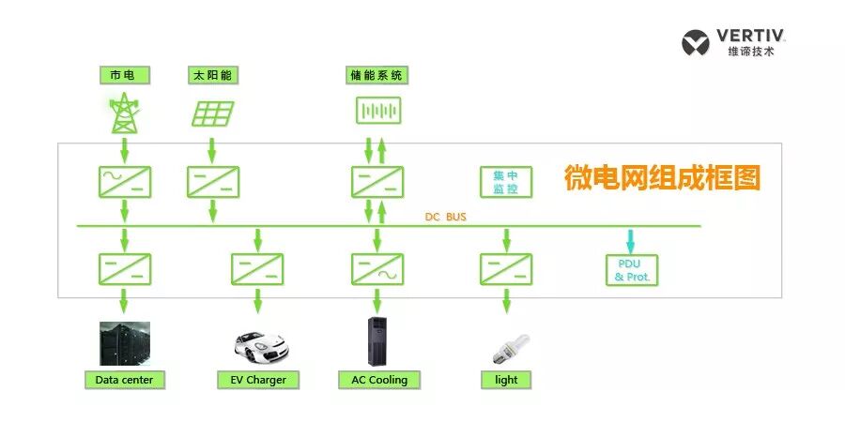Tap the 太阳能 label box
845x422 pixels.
(212, 75)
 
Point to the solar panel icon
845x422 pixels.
(213, 113)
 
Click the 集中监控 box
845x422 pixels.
(506, 182)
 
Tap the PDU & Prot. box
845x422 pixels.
(632, 269)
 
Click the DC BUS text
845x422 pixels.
(446, 218)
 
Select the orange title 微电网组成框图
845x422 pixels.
(661, 177)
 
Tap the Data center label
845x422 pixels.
(125, 380)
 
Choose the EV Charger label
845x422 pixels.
(258, 380)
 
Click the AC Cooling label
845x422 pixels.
(378, 380)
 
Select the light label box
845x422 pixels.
(506, 380)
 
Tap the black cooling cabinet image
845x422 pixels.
(378, 341)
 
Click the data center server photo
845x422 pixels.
(125, 343)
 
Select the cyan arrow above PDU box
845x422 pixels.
(631, 239)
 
